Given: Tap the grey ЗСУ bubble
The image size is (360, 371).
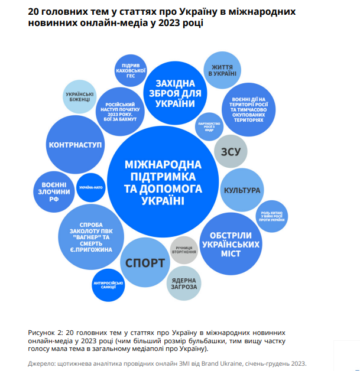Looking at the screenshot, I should pyautogui.click(x=230, y=151).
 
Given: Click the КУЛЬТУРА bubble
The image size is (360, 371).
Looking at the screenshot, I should pyautogui.click(x=241, y=190).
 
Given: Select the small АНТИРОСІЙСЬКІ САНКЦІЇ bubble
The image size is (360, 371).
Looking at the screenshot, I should pyautogui.click(x=108, y=285).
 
